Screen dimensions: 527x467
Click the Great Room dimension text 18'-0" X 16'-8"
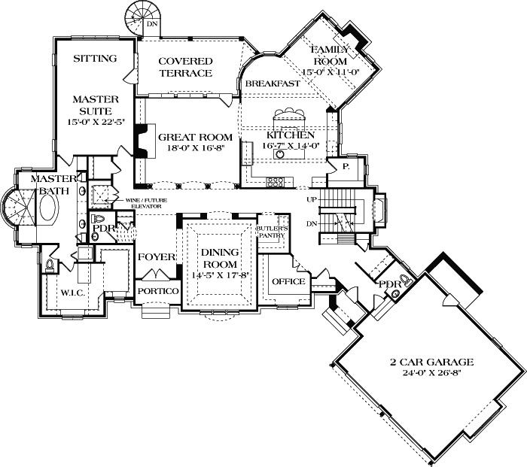tap(196, 147)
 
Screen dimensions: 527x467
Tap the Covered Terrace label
tap(185, 67)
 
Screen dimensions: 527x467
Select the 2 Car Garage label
tap(431, 362)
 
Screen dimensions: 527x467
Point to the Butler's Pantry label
tap(273, 232)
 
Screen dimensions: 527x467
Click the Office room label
tap(288, 281)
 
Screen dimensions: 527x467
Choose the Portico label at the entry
tap(158, 291)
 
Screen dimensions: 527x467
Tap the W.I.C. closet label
tap(72, 293)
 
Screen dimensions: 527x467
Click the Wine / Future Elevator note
tap(146, 203)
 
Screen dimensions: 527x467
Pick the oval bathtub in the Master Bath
tap(50, 207)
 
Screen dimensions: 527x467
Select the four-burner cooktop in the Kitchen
tap(275, 182)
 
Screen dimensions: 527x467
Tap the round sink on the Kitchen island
tap(280, 154)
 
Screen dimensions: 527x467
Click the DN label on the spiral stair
tap(152, 24)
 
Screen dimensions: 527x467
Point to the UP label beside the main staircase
tap(312, 199)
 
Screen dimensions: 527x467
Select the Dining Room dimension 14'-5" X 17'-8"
tap(220, 275)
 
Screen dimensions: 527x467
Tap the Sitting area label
tap(95, 59)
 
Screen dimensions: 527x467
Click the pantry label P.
tap(346, 166)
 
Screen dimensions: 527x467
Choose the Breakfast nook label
tap(273, 83)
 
